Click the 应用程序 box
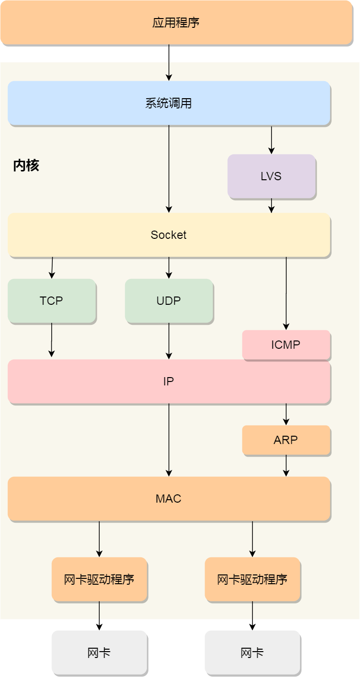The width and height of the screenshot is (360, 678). pyautogui.click(x=176, y=22)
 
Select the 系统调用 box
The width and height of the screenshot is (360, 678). pyautogui.click(x=169, y=103)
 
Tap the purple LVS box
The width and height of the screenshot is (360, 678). pyautogui.click(x=271, y=176)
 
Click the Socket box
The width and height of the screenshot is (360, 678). pyautogui.click(x=169, y=235)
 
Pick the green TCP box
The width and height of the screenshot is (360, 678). pyautogui.click(x=51, y=301)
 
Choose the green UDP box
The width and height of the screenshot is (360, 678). pyautogui.click(x=169, y=301)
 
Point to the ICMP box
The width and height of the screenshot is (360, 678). pyautogui.click(x=286, y=345)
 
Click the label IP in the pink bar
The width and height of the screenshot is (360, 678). pyautogui.click(x=169, y=381)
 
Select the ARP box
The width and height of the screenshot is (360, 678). pyautogui.click(x=286, y=440)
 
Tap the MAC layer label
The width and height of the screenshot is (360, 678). pyautogui.click(x=169, y=499)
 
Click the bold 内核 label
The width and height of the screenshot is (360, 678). pyautogui.click(x=26, y=166)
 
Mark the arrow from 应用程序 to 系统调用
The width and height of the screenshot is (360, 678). pyautogui.click(x=169, y=63)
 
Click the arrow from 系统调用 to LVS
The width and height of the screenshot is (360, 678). pyautogui.click(x=272, y=140)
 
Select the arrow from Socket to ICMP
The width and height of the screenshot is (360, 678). pyautogui.click(x=286, y=293)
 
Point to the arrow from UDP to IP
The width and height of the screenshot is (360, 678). pyautogui.click(x=169, y=341)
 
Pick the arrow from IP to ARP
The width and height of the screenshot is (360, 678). pyautogui.click(x=286, y=414)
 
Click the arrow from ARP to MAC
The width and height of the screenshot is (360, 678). pyautogui.click(x=286, y=466)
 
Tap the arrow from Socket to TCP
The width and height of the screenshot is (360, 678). pyautogui.click(x=52, y=268)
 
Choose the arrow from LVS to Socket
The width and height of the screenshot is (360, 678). pyautogui.click(x=272, y=206)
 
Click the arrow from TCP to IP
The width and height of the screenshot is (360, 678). pyautogui.click(x=51, y=340)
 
